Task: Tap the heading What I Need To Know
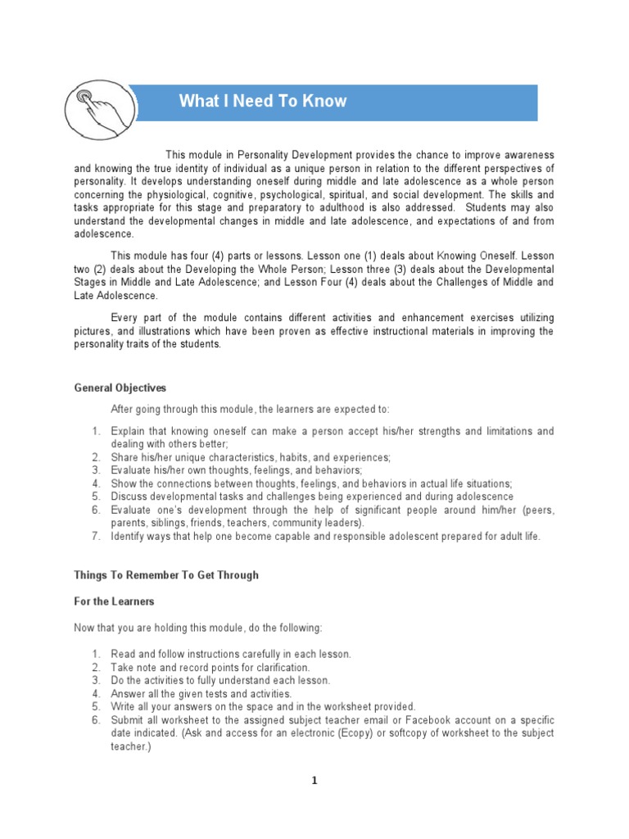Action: [x=263, y=102]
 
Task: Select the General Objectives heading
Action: [x=120, y=388]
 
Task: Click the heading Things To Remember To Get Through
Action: [x=166, y=575]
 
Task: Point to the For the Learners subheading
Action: [x=115, y=601]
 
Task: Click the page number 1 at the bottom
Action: [x=314, y=781]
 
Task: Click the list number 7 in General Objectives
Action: [x=95, y=536]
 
